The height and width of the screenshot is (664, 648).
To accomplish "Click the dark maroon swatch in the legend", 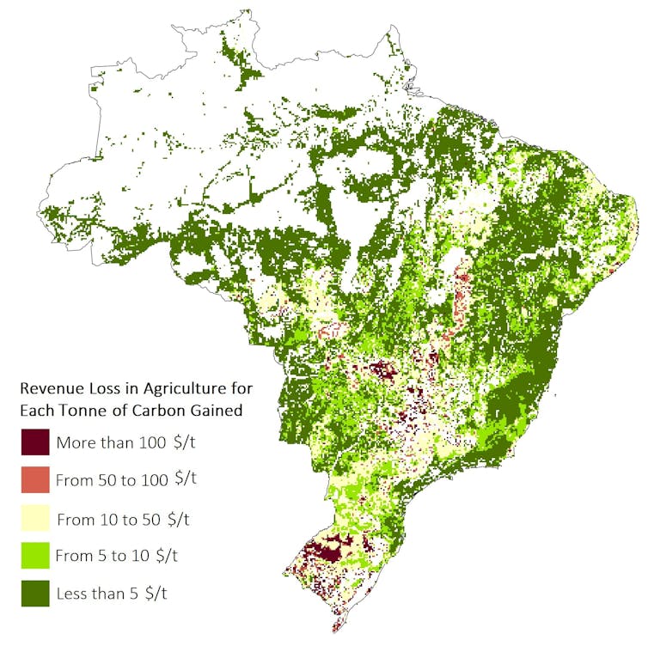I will click(35, 442).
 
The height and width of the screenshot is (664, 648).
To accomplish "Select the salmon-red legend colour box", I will click(35, 480).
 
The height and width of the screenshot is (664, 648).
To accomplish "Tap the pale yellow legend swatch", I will click(35, 518).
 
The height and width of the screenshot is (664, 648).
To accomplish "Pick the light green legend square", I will click(35, 555).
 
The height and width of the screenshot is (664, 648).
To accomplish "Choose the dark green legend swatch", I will click(35, 593).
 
